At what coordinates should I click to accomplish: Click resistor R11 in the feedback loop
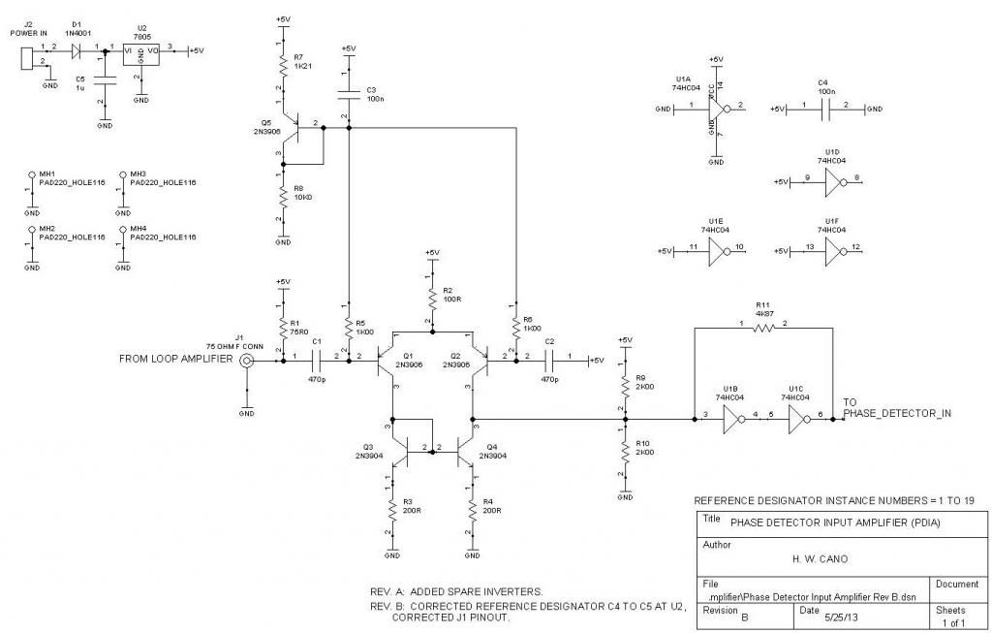click(763, 329)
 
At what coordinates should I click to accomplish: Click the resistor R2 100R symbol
click(431, 298)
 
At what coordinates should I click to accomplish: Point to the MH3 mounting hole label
click(138, 174)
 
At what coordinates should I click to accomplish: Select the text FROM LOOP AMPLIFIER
click(175, 360)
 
